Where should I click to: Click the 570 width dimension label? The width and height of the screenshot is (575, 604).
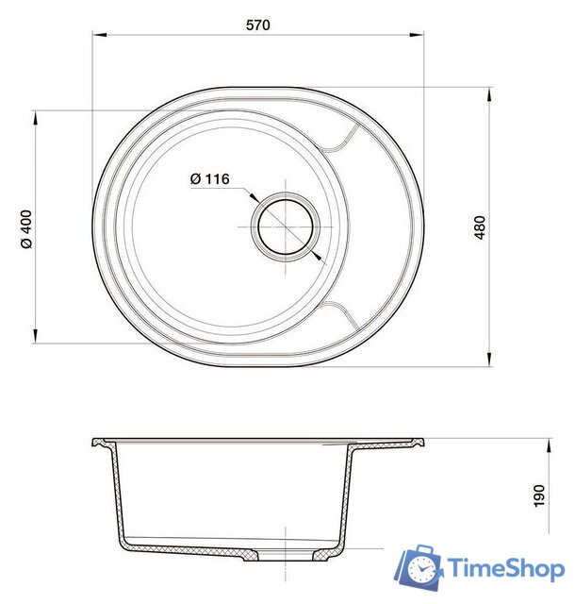[258, 25]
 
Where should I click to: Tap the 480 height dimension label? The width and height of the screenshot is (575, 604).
[480, 227]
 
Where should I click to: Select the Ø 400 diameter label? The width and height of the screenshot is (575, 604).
[27, 229]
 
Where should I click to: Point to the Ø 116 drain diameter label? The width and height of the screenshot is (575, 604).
[210, 178]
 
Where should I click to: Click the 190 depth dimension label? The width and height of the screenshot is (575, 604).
[539, 495]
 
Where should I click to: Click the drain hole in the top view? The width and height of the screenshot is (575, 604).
[286, 226]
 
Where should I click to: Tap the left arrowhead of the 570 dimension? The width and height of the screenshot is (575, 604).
[100, 35]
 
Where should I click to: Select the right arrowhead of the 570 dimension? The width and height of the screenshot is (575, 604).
[417, 35]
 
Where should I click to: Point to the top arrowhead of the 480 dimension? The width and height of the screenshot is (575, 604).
[489, 94]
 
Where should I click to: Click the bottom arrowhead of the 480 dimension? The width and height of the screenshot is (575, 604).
[489, 359]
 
